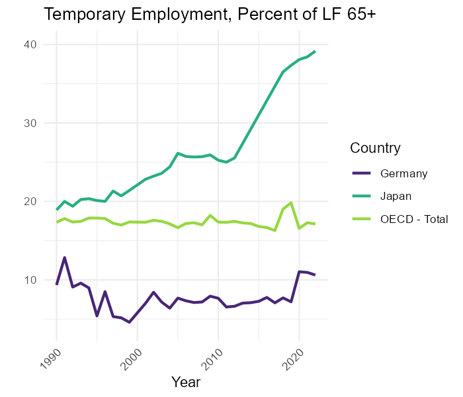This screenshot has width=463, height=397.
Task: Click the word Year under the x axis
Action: (186, 382)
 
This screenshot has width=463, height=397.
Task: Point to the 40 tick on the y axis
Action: (30, 44)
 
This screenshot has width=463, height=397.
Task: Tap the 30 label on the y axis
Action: (30, 123)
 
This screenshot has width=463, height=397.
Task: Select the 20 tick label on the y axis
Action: (30, 201)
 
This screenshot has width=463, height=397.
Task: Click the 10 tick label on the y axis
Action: (30, 280)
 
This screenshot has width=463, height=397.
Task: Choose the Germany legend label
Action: (404, 174)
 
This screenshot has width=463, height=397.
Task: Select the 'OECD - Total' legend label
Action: (414, 219)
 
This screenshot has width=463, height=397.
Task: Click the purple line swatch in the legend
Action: (362, 174)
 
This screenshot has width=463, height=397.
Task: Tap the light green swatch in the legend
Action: (362, 219)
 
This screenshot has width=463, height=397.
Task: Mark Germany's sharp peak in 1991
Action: (65, 257)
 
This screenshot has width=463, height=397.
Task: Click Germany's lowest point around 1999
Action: (129, 322)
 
